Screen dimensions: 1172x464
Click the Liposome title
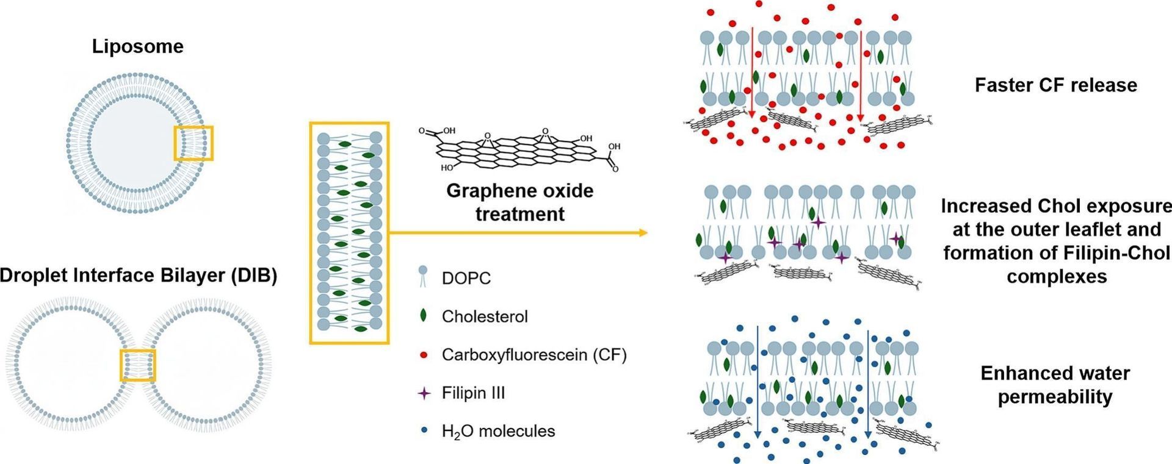[138, 47]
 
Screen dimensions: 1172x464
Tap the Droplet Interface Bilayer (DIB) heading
[139, 276]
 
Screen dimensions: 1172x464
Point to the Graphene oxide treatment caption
[520, 202]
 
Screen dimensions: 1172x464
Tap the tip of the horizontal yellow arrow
[647, 233]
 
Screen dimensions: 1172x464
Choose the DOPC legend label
[466, 279]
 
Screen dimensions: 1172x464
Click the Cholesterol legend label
[485, 316]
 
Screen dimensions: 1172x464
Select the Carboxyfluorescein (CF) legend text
[534, 355]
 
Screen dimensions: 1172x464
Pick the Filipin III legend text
[473, 393]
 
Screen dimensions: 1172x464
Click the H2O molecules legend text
[498, 432]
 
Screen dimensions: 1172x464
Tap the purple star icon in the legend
[424, 393]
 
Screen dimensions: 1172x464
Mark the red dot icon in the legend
[424, 354]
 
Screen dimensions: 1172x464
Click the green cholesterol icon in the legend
[423, 316]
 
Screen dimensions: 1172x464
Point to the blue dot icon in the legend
[424, 431]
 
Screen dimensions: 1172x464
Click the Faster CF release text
[1056, 85]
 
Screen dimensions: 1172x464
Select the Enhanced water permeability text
[1055, 385]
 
